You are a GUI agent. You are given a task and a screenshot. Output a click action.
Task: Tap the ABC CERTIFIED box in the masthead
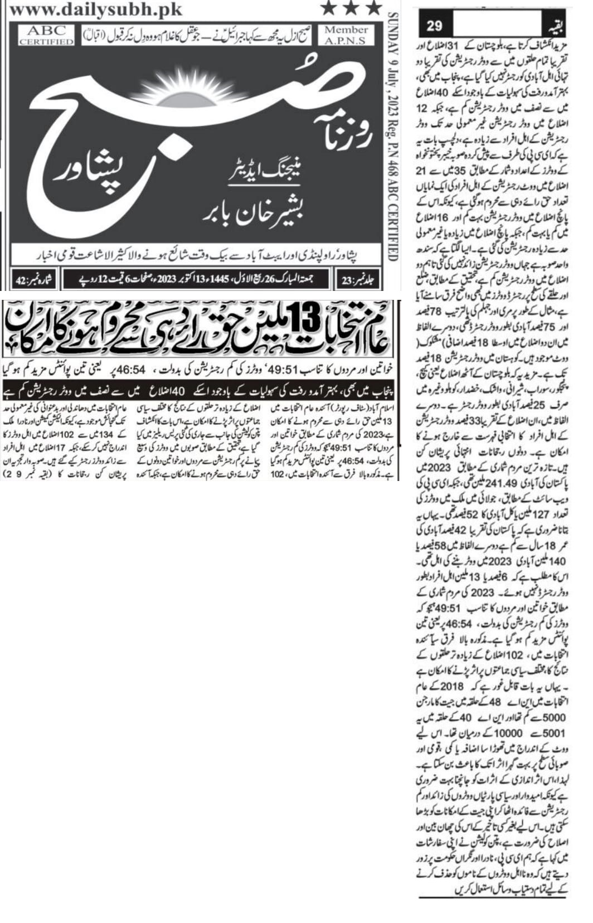point(46,35)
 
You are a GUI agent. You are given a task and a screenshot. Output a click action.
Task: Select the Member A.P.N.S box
point(346,35)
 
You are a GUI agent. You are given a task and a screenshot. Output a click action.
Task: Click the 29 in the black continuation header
point(434,26)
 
